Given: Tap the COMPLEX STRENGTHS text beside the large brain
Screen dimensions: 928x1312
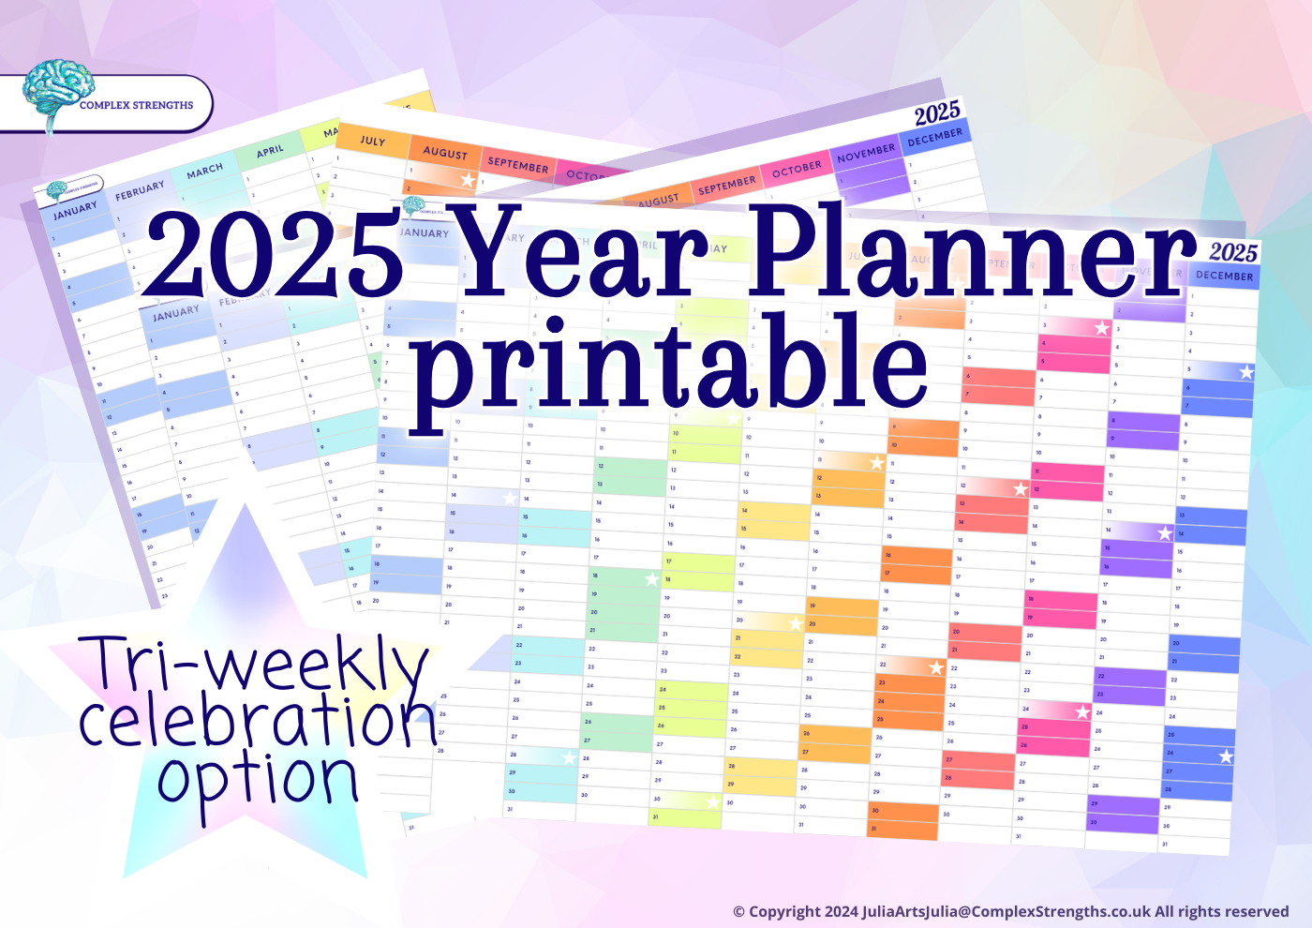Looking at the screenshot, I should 136,105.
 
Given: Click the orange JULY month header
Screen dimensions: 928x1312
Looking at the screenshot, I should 372,141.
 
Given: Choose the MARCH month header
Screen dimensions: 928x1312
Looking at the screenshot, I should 204,170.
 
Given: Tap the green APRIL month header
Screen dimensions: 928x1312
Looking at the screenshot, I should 270,150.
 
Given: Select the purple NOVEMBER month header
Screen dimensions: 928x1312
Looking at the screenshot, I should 865,153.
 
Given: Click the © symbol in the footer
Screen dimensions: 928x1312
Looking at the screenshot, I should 738,912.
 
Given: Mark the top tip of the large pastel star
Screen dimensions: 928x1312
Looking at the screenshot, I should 246,506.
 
